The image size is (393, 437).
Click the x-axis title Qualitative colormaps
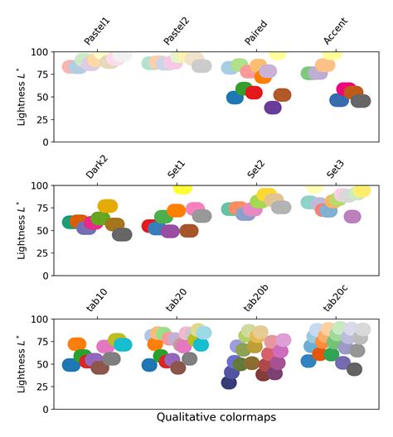(216, 418)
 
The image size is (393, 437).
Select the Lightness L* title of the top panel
(22, 96)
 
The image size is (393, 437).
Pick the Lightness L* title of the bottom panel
(22, 363)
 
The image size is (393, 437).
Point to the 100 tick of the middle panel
(40, 185)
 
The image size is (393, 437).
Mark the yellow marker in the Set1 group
(182, 188)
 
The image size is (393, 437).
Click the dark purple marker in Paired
(273, 107)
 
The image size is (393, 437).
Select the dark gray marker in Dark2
(122, 234)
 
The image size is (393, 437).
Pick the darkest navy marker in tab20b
(229, 382)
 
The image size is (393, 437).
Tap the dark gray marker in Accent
(361, 101)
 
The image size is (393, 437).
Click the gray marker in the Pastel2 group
(201, 65)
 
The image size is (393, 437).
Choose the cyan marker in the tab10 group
(123, 344)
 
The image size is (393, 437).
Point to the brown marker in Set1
(189, 230)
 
